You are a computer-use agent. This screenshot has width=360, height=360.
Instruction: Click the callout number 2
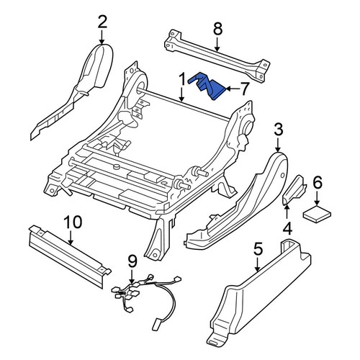(x=102, y=22)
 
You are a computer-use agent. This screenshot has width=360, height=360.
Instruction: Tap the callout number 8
(x=217, y=29)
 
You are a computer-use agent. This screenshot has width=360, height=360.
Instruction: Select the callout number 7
(x=244, y=89)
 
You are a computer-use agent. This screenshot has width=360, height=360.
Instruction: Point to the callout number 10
(x=73, y=222)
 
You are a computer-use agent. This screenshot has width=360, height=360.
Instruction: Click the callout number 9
(x=132, y=262)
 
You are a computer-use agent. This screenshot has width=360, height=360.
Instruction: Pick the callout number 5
(x=258, y=249)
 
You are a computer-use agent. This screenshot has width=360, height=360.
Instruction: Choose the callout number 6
(x=317, y=184)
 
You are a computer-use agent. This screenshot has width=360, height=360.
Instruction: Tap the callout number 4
(x=287, y=228)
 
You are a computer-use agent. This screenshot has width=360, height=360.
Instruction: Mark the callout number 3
(x=279, y=130)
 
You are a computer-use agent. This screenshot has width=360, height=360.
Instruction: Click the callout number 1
(x=182, y=79)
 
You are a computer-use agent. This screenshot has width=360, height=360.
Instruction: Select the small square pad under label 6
(x=317, y=213)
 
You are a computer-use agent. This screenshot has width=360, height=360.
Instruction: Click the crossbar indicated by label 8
(x=217, y=56)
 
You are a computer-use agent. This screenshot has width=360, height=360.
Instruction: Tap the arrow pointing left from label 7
(x=233, y=89)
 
